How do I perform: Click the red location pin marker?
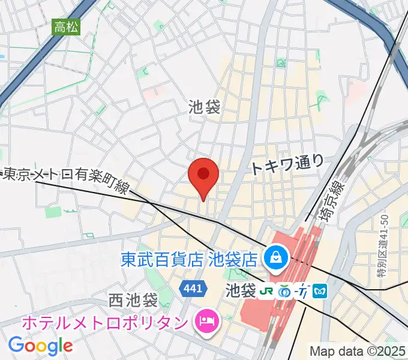coord(203,175)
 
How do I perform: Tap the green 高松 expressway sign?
coord(66,27)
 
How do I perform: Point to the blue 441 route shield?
coord(193,289)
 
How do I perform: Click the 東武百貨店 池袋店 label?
coord(189,260)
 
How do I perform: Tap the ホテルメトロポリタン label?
coord(105,322)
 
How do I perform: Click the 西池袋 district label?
coord(133,298)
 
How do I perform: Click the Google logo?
coord(40,345)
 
